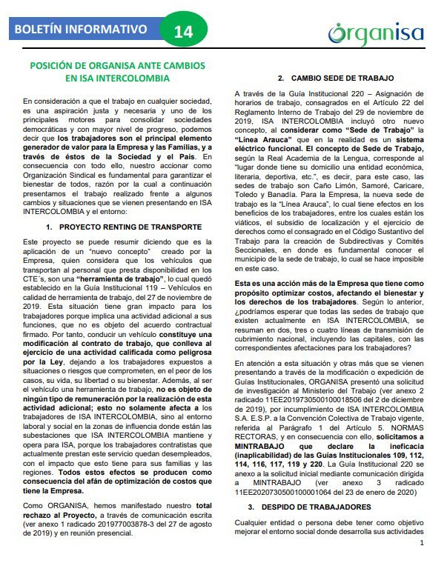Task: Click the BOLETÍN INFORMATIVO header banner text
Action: click(79, 30)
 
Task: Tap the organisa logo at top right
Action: click(375, 33)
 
